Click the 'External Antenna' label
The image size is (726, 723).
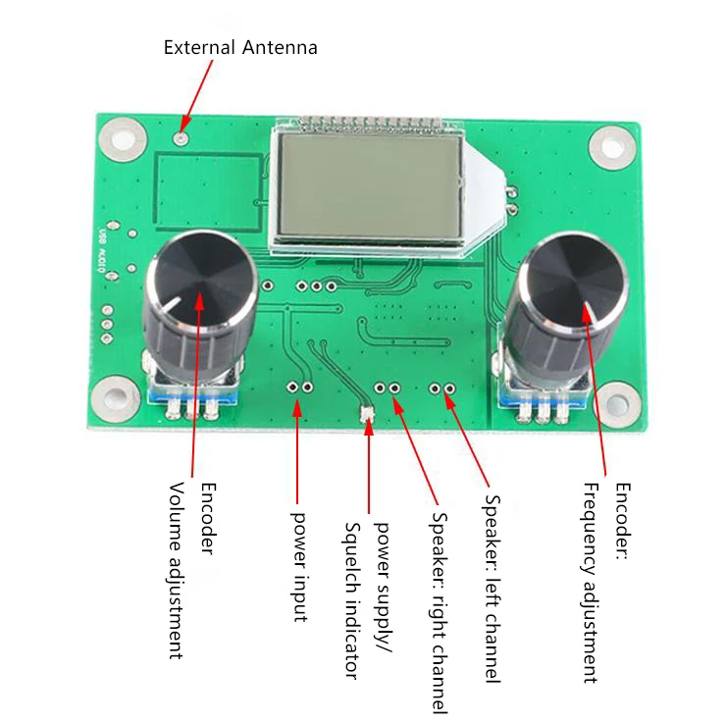[x=240, y=47]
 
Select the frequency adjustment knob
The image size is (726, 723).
[x=575, y=288]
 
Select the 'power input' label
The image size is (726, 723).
[x=299, y=565]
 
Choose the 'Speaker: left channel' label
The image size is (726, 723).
[x=493, y=588]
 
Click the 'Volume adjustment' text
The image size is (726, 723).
[x=177, y=570]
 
